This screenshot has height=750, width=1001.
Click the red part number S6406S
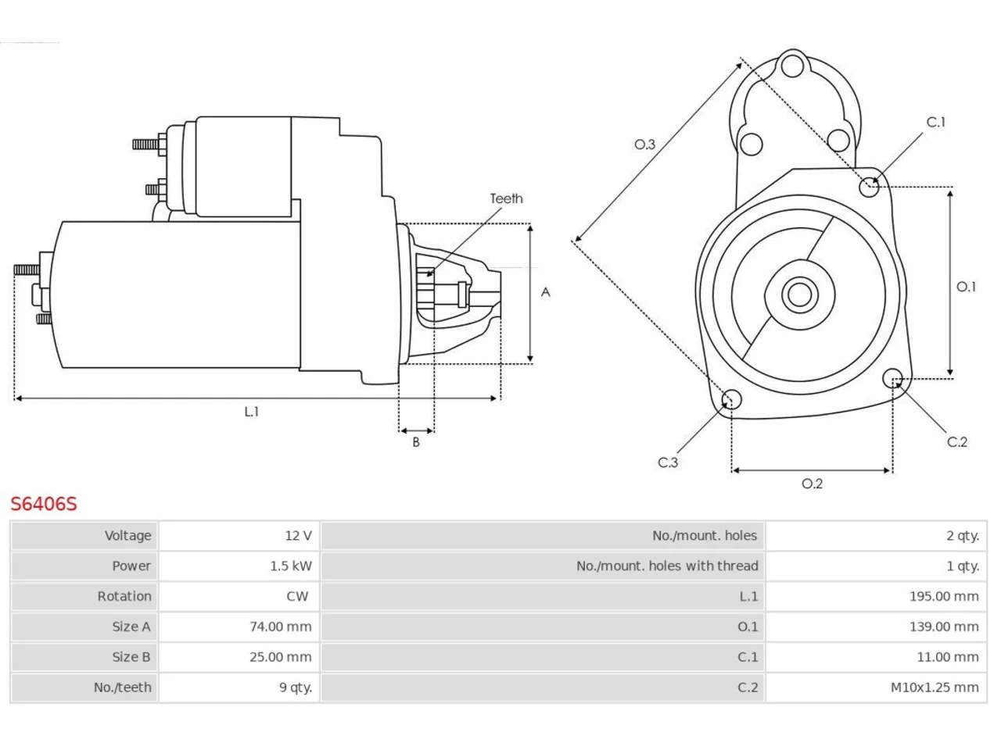click(x=44, y=504)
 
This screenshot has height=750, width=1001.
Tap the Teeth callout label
click(x=506, y=198)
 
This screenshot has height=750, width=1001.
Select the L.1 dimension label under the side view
click(x=252, y=412)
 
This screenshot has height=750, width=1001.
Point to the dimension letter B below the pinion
click(x=416, y=441)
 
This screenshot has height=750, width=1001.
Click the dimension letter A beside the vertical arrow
click(x=545, y=292)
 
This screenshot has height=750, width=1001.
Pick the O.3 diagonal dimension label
click(x=645, y=145)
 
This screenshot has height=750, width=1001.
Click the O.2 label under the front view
click(x=813, y=483)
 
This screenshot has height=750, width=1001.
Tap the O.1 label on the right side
click(x=966, y=287)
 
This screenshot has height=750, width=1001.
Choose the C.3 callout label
click(x=668, y=462)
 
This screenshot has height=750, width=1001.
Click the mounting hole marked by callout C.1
click(x=869, y=187)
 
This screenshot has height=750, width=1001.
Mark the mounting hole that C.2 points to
click(x=892, y=378)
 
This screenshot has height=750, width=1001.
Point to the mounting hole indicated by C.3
click(x=731, y=399)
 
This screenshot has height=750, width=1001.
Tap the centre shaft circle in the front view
click(x=799, y=295)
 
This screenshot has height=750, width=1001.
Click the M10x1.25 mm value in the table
click(x=935, y=687)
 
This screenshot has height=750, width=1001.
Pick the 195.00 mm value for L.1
click(x=944, y=596)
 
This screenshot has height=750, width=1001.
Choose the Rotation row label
click(x=124, y=596)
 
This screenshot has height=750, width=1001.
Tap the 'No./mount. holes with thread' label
click(x=667, y=566)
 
